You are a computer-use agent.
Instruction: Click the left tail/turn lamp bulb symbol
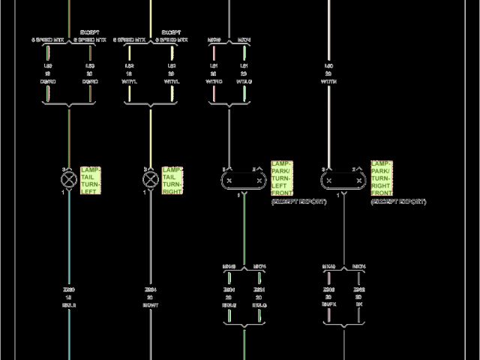click(x=69, y=180)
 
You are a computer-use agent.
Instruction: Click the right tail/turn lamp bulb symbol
click(x=150, y=180)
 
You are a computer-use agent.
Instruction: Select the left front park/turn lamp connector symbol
click(x=244, y=180)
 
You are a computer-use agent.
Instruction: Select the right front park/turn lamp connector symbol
click(x=343, y=180)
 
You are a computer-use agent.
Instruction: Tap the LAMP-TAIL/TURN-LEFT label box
click(x=90, y=180)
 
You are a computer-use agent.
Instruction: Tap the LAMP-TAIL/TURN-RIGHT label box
click(x=172, y=180)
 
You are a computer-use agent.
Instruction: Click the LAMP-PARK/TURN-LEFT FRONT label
click(x=282, y=178)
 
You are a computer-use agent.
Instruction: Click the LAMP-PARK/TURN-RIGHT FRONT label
click(x=382, y=178)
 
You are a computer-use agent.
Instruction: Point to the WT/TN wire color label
click(x=328, y=81)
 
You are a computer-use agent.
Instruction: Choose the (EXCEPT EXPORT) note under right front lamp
click(x=398, y=202)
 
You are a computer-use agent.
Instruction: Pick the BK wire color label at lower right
click(x=358, y=305)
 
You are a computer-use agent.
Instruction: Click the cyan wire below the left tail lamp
click(x=69, y=240)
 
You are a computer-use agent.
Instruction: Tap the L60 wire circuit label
click(x=328, y=66)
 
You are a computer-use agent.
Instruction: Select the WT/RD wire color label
click(x=214, y=81)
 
